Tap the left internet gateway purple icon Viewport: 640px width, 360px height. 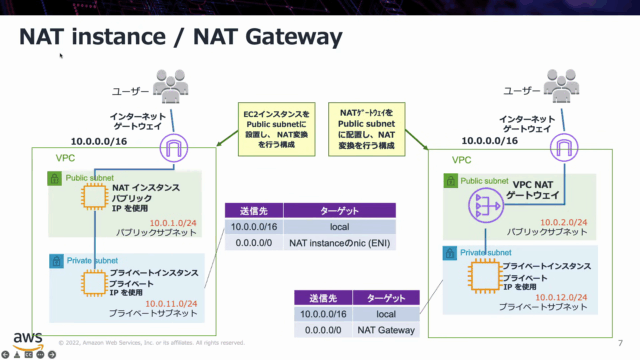174,150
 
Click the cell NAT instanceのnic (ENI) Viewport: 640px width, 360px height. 341,244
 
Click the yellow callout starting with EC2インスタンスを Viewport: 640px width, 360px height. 276,128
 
